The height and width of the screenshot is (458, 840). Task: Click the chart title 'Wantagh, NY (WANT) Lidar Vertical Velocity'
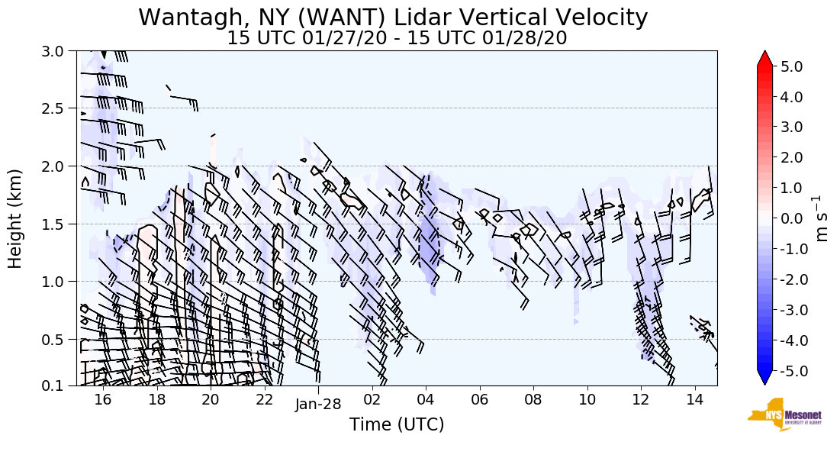(393, 18)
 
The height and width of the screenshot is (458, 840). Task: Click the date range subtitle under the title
(397, 38)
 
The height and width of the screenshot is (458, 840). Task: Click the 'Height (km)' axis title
(15, 218)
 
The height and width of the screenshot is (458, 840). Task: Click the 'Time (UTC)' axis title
(397, 424)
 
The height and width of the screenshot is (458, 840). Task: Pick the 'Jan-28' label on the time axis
(318, 404)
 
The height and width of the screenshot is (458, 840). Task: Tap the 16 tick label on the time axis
(103, 400)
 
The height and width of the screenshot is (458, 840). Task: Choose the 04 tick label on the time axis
(426, 400)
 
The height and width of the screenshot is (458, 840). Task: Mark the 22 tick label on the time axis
(264, 400)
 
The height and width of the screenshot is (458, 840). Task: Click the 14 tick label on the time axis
(694, 400)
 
